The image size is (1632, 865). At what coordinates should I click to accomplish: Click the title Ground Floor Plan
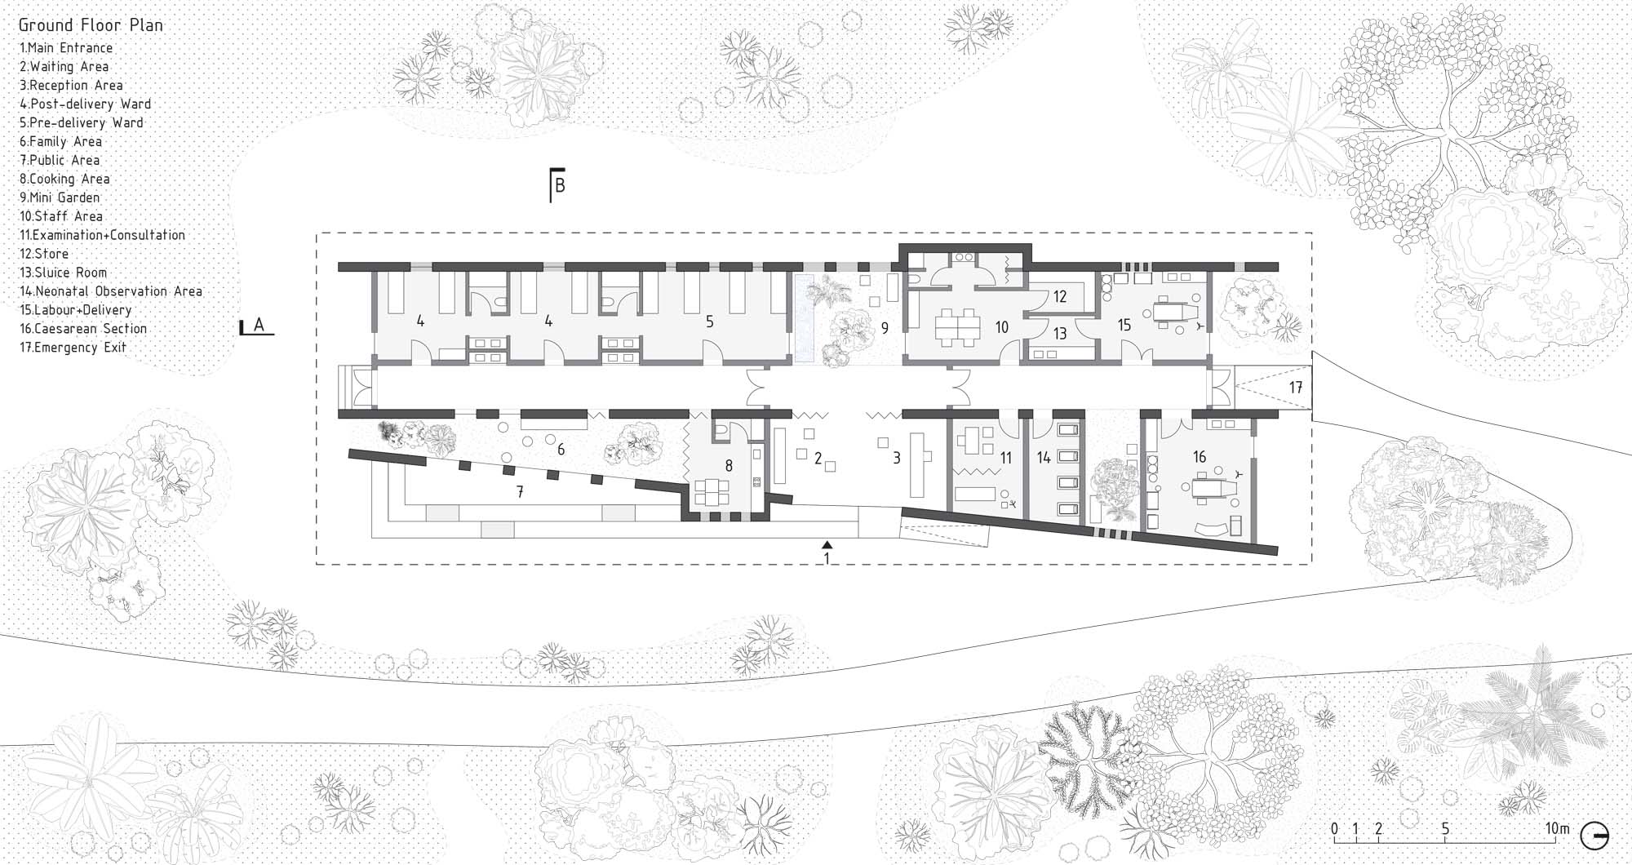pos(91,25)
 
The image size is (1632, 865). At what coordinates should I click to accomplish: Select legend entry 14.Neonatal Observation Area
pos(111,291)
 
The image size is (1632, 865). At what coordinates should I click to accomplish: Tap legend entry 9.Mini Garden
pos(60,197)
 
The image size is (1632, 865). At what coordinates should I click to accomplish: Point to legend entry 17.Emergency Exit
pos(73,348)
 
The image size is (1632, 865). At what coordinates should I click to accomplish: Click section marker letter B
pos(560,185)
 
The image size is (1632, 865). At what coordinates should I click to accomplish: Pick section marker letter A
pos(259,325)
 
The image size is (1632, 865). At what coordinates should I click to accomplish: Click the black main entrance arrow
pos(827,543)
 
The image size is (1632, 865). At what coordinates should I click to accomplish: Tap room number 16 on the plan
pos(1200,457)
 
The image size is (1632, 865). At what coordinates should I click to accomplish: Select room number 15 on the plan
pos(1124,326)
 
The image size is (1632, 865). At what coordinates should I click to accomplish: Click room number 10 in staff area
pos(1002,327)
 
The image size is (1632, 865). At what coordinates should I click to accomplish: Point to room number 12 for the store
pos(1060,297)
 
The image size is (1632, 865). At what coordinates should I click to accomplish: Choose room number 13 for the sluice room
pos(1060,334)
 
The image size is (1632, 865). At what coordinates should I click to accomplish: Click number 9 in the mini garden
pos(885,329)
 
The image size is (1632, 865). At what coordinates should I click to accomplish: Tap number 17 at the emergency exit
pos(1297,388)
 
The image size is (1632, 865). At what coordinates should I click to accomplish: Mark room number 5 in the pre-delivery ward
pos(710,322)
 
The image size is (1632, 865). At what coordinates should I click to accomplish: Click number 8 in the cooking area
pos(729,466)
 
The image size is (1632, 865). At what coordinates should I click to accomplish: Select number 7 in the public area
pos(520,492)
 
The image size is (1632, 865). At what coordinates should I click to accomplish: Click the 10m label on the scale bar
pos(1558,830)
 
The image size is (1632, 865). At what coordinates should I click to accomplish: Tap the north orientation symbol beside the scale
pos(1595,837)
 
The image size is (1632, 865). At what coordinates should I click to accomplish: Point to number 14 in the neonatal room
pos(1044,459)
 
